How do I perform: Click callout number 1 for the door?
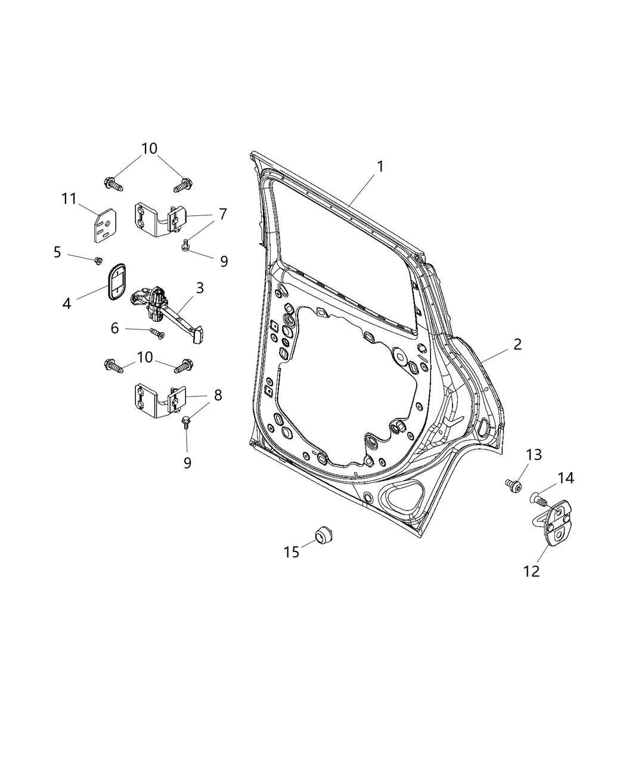[x=379, y=166]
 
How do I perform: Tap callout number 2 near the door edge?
[x=517, y=344]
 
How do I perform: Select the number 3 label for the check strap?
[x=200, y=288]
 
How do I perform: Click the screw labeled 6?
[x=157, y=333]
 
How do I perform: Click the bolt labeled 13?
[x=512, y=486]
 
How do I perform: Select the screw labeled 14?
[x=537, y=497]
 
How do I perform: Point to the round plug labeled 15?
[x=324, y=535]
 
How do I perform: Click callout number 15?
[x=291, y=552]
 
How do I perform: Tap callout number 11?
[x=69, y=198]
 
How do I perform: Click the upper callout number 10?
[x=149, y=148]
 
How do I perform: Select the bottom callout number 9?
[x=187, y=463]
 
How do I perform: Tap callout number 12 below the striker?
[x=531, y=570]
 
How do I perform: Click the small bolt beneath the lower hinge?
[x=186, y=423]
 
